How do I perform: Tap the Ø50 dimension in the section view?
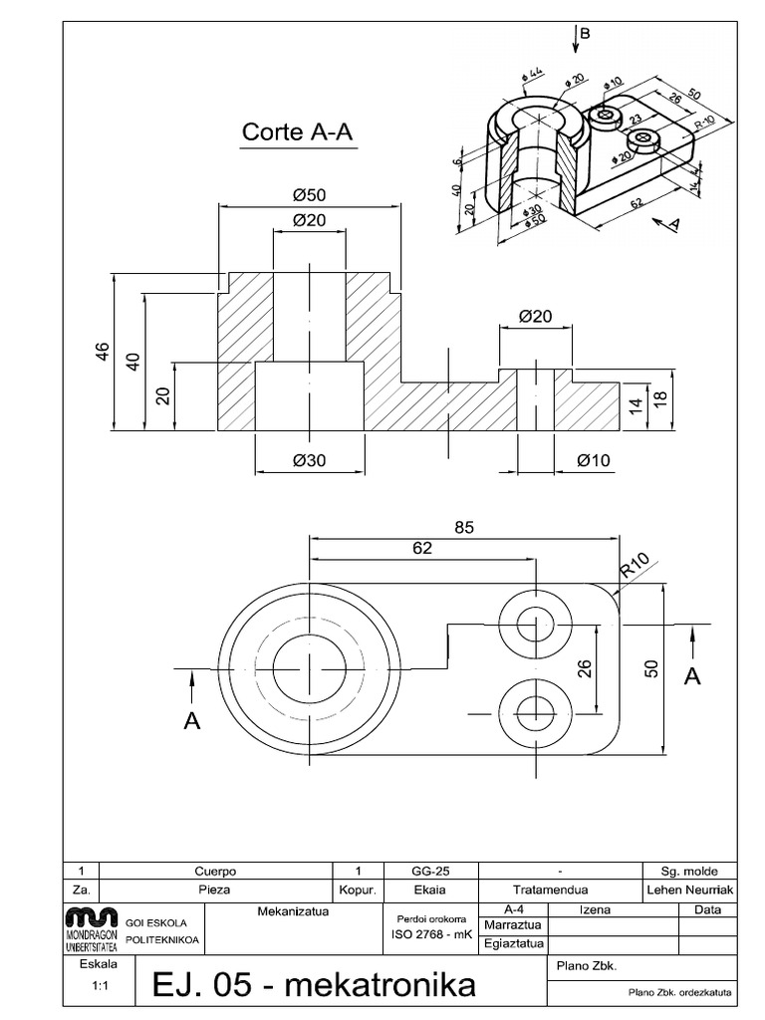[310, 194]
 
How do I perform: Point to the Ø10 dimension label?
[593, 459]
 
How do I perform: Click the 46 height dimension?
[102, 352]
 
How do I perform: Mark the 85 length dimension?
[464, 529]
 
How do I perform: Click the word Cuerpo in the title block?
[216, 871]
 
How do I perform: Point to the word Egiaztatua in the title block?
[512, 942]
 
